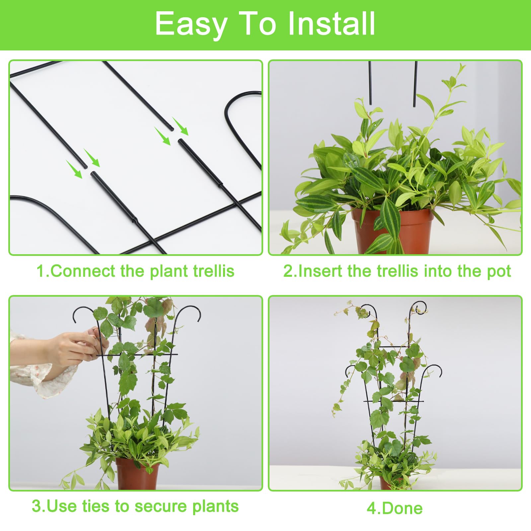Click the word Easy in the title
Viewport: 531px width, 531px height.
click(191, 24)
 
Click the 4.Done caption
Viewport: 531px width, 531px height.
click(395, 508)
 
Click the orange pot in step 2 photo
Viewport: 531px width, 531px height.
click(392, 231)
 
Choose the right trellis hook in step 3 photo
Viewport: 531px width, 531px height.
click(188, 312)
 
